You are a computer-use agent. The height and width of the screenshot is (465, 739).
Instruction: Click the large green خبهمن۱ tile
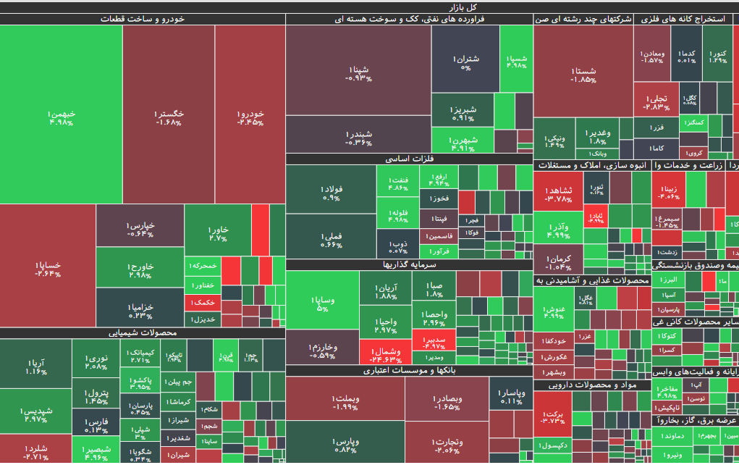coord(62,116)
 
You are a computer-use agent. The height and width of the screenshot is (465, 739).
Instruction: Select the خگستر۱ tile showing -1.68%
coord(169,116)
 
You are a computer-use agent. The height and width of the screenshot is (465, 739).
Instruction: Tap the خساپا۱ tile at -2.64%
coord(48,268)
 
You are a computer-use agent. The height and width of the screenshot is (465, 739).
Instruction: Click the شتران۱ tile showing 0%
coord(465,62)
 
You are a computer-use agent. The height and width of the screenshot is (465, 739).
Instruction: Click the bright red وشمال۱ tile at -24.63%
coord(385,354)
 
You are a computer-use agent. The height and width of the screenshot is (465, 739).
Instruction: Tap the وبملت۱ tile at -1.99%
coord(345,403)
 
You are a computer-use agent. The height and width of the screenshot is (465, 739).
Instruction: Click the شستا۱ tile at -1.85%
coord(583,74)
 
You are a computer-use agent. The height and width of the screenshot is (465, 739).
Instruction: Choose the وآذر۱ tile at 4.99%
coord(558,230)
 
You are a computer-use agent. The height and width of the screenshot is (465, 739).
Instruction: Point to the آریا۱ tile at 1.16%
coord(36,366)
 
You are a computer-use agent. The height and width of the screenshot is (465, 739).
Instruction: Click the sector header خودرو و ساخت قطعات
coord(142,20)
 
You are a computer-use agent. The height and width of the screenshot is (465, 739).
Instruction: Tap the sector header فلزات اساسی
coord(409,159)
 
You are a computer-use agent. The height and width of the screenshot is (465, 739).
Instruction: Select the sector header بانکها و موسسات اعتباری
coord(409,370)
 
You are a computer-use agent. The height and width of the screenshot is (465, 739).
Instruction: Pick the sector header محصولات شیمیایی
coord(143,333)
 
